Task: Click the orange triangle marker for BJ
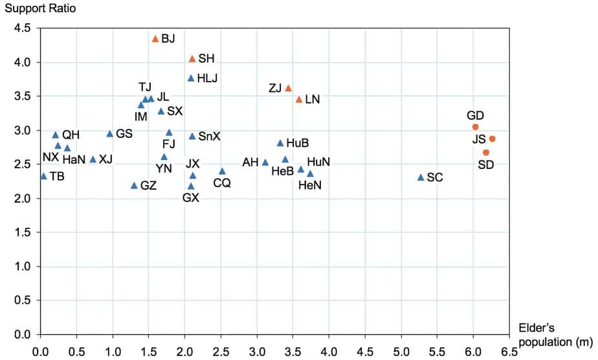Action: [155, 39]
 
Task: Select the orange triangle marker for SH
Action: [192, 59]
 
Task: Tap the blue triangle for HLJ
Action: [191, 78]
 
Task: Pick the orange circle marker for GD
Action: [475, 127]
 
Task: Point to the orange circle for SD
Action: [486, 152]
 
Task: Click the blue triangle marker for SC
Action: [421, 177]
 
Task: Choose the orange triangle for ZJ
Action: [289, 88]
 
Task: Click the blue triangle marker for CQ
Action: [222, 171]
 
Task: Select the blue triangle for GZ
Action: [134, 186]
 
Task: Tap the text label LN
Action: [313, 100]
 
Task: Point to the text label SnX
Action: [209, 137]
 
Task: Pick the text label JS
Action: [479, 139]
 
